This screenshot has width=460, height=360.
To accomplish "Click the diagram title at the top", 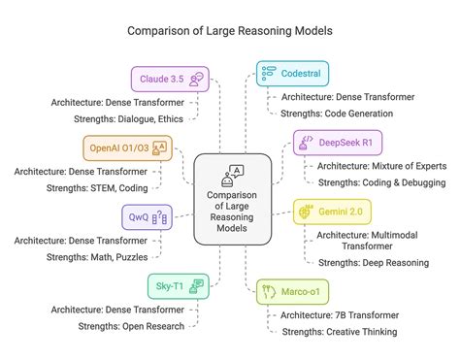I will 229,30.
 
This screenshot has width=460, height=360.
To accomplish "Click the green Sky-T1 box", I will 177,284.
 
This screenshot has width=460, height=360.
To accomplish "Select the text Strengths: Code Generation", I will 340,114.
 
